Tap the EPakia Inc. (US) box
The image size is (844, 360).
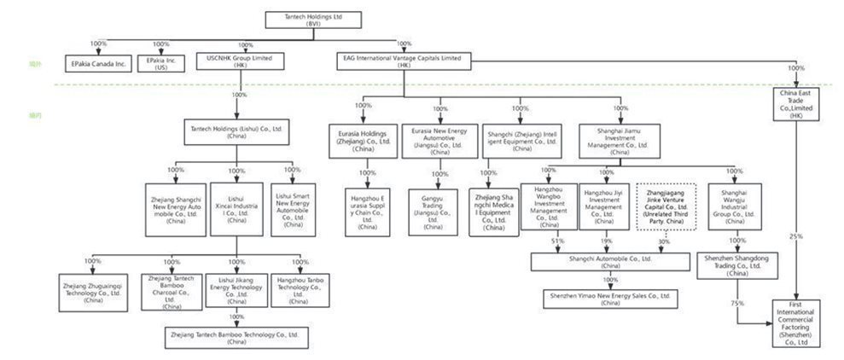[161, 63]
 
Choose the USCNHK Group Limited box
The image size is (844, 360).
[240, 61]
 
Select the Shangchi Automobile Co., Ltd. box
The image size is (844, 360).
[612, 260]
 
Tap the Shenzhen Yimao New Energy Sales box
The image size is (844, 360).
[611, 298]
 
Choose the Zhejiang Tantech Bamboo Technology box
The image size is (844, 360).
[237, 336]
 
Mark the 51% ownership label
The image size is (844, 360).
[559, 241]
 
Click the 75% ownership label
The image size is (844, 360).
[736, 303]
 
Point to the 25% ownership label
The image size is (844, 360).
[795, 236]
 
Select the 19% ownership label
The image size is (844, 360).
[606, 241]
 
